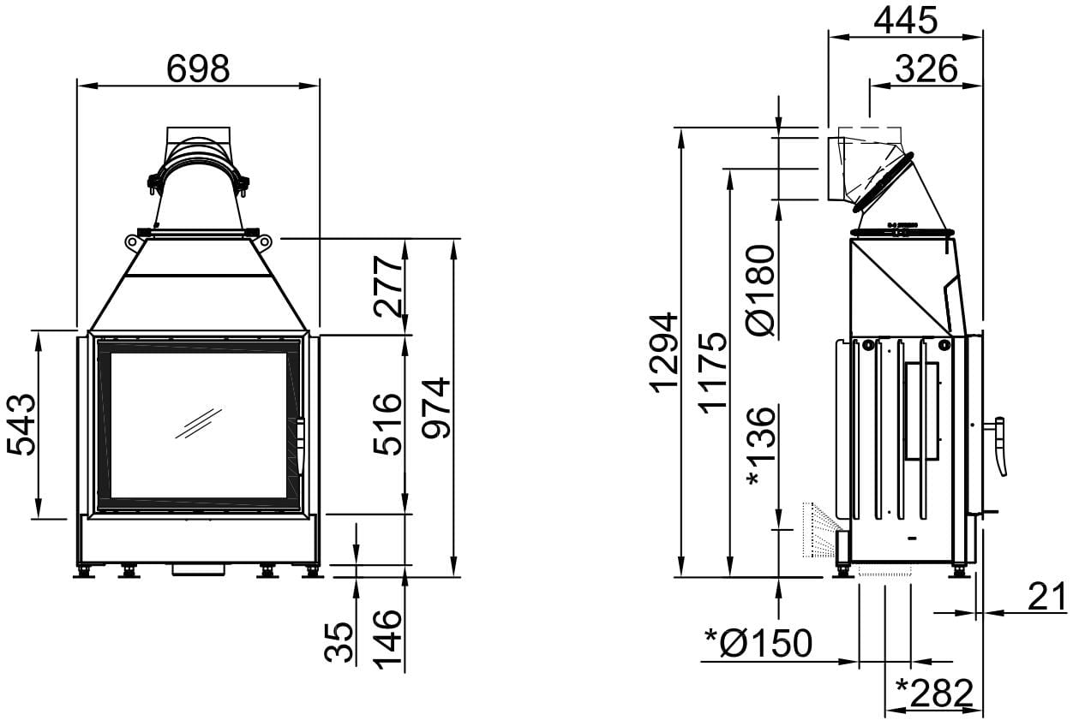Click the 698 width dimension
point(198,68)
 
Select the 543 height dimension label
point(21,425)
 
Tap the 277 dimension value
point(388,286)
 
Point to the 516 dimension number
point(388,424)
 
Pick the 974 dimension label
point(436,408)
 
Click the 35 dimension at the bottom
point(339,642)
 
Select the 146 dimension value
point(387,640)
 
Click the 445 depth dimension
point(905,21)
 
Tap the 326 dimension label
point(926,68)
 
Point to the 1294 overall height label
point(663,353)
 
